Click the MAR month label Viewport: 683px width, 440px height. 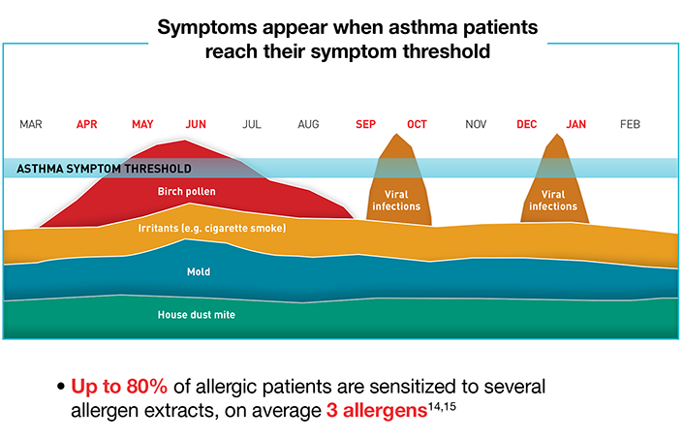[31, 125]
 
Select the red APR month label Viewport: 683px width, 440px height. [86, 125]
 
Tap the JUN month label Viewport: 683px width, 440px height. [196, 125]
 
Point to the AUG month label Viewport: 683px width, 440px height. [308, 125]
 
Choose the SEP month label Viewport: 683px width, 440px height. [365, 125]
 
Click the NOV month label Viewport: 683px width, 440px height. [476, 125]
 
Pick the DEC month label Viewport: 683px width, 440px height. [527, 125]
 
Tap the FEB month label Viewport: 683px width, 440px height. [630, 125]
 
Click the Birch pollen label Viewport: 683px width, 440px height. [186, 192]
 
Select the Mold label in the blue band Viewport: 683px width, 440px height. [199, 271]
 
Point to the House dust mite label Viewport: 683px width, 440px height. [197, 315]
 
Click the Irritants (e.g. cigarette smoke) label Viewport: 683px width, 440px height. [212, 229]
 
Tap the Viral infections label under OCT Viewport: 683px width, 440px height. [396, 201]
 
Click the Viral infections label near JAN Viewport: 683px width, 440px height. [553, 201]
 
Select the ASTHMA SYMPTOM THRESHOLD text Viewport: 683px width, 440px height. [104, 169]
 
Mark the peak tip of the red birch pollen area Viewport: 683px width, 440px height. [185, 140]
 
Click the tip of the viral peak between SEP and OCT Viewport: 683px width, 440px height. [396, 134]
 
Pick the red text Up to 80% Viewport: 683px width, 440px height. [119, 387]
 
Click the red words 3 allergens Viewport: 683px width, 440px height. [377, 410]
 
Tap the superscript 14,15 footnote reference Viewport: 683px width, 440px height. [442, 406]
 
